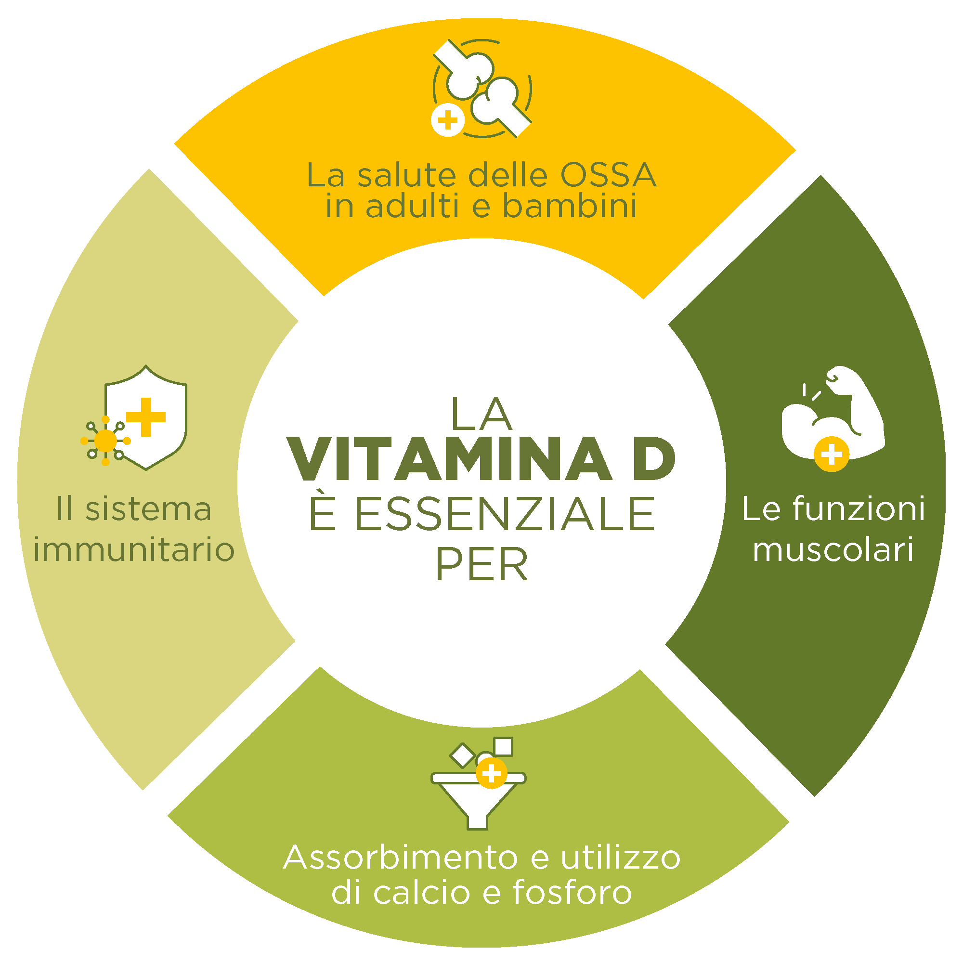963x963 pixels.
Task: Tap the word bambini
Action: coord(569,206)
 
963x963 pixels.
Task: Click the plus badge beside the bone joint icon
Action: coord(448,120)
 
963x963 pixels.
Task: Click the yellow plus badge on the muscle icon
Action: coord(831,454)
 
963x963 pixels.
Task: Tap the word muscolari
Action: coord(833,550)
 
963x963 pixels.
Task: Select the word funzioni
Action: coord(859,509)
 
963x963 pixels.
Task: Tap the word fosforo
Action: coord(572,892)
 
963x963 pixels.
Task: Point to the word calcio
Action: coord(421,892)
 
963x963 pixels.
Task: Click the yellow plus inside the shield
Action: coord(145,416)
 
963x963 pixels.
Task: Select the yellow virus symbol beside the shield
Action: coord(105,441)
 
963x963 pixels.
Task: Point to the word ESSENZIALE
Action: coord(481,513)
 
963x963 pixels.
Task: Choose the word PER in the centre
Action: coord(481,565)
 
